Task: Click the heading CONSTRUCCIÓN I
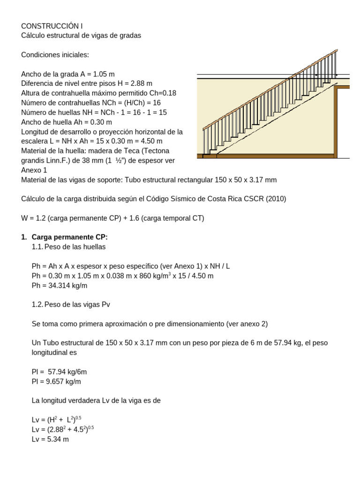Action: pyautogui.click(x=52, y=26)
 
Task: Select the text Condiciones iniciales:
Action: pyautogui.click(x=55, y=55)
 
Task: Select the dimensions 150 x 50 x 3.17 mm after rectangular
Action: pyautogui.click(x=244, y=180)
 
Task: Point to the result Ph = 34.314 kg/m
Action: pyautogui.click(x=60, y=285)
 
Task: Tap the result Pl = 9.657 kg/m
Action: pyautogui.click(x=56, y=382)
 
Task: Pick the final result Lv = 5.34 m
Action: pyautogui.click(x=50, y=440)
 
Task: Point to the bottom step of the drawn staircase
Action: pyautogui.click(x=210, y=152)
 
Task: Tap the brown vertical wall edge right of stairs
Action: pyautogui.click(x=336, y=121)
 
